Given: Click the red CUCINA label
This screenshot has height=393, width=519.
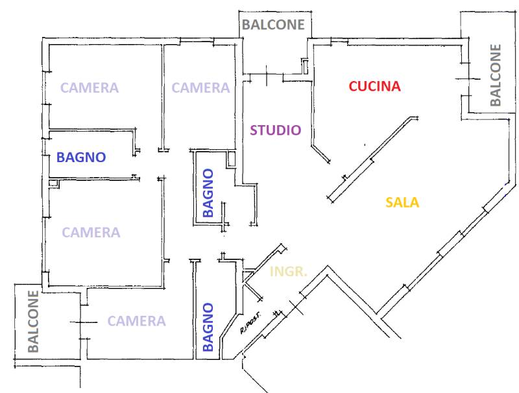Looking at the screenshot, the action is point(375,86).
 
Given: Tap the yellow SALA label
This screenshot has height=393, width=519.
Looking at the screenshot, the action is point(402,202).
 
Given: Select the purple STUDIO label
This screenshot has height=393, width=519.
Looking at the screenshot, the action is point(275,130).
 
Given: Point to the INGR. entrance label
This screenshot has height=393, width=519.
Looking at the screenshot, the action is point(288,272).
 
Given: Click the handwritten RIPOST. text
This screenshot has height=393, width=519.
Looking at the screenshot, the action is point(250,322).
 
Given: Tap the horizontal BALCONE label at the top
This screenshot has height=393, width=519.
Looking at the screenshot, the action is point(273,25).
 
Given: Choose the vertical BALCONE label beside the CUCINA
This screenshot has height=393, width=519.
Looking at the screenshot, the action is point(496,75).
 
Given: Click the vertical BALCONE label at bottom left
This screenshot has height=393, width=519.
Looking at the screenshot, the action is point(33,321).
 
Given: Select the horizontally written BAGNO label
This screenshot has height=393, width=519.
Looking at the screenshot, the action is point(81,157).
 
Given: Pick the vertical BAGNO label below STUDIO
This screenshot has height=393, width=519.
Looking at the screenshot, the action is point(208,193).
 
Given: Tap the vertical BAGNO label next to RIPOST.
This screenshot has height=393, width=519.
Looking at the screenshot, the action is point(208,327).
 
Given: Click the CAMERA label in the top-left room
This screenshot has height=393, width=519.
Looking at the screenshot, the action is point(90,88).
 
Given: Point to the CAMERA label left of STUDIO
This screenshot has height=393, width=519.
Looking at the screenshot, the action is point(200,88).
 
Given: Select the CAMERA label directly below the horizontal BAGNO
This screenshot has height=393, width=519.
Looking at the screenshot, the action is point(91,233).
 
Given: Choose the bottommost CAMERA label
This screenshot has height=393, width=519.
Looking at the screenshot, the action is point(137,321).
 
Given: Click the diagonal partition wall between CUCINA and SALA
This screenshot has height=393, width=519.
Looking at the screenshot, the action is point(372,159).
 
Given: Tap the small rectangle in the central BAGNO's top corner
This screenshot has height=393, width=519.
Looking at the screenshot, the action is point(231,160).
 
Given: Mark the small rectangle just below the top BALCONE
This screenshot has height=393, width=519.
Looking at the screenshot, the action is point(305,66).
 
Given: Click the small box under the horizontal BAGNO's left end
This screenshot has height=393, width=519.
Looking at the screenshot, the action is point(54,184).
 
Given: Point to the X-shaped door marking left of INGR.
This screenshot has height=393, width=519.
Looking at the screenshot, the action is point(252,284).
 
